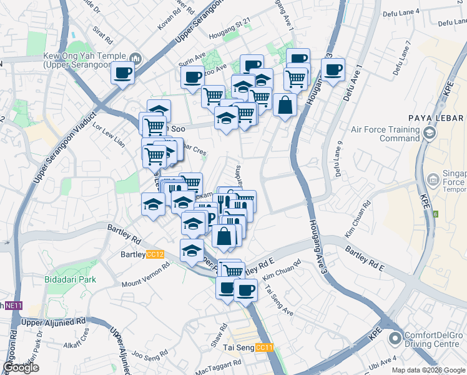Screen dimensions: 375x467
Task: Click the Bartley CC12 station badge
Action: (155, 254)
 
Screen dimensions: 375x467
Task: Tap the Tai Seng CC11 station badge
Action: (265, 347)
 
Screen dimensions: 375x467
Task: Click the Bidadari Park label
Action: (71, 279)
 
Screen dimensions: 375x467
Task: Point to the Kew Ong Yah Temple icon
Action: (137, 58)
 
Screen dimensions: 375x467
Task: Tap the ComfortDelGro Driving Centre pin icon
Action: (395, 339)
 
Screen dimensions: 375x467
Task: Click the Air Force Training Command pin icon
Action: (428, 132)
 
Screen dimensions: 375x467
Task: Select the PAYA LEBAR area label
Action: (436, 118)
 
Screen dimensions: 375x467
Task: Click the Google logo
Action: (21, 367)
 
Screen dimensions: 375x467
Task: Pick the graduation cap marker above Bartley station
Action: (192, 250)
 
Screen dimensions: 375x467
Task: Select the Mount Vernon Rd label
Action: (145, 275)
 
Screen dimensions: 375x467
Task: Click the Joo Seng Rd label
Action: (148, 357)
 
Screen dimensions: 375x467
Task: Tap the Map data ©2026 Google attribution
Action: (428, 369)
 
